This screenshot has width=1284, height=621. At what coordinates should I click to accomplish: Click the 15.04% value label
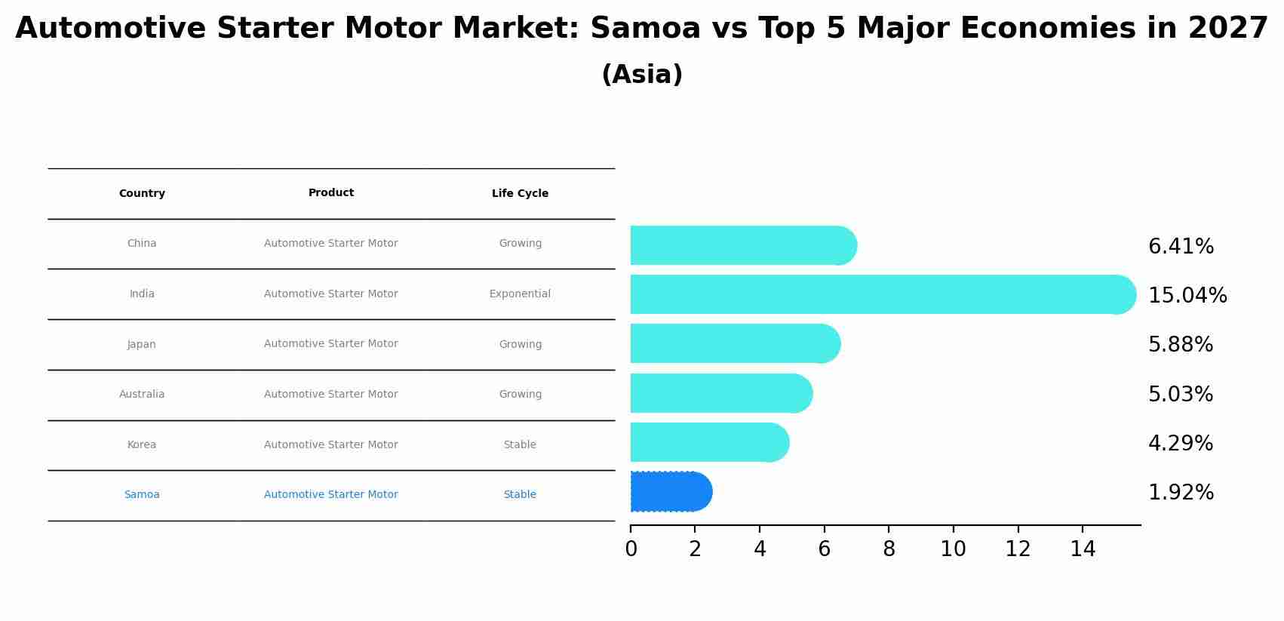tap(1187, 296)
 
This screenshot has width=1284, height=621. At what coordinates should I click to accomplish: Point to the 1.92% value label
tap(1181, 493)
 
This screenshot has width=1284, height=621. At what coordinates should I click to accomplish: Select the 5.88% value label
tap(1180, 345)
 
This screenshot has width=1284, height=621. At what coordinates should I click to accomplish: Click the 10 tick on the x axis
tap(953, 549)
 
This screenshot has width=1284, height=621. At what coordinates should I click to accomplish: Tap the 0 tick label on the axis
tap(631, 549)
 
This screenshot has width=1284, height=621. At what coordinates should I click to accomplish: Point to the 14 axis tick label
tap(1082, 549)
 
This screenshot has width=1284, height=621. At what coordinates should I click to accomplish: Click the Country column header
tap(142, 194)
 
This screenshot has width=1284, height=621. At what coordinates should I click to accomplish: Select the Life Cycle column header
tap(520, 194)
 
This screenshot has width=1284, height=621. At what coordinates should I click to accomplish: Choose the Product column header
tap(330, 193)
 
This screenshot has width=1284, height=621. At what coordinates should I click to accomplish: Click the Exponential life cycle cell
tap(520, 294)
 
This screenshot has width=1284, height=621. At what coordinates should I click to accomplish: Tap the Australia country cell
tap(142, 395)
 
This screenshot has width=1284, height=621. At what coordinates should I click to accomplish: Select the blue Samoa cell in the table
tap(142, 495)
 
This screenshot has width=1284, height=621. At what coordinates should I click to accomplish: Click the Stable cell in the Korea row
tap(520, 445)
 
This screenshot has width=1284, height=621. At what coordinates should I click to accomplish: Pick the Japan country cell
tap(142, 345)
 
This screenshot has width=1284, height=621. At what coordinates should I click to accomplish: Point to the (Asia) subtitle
tap(642, 75)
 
